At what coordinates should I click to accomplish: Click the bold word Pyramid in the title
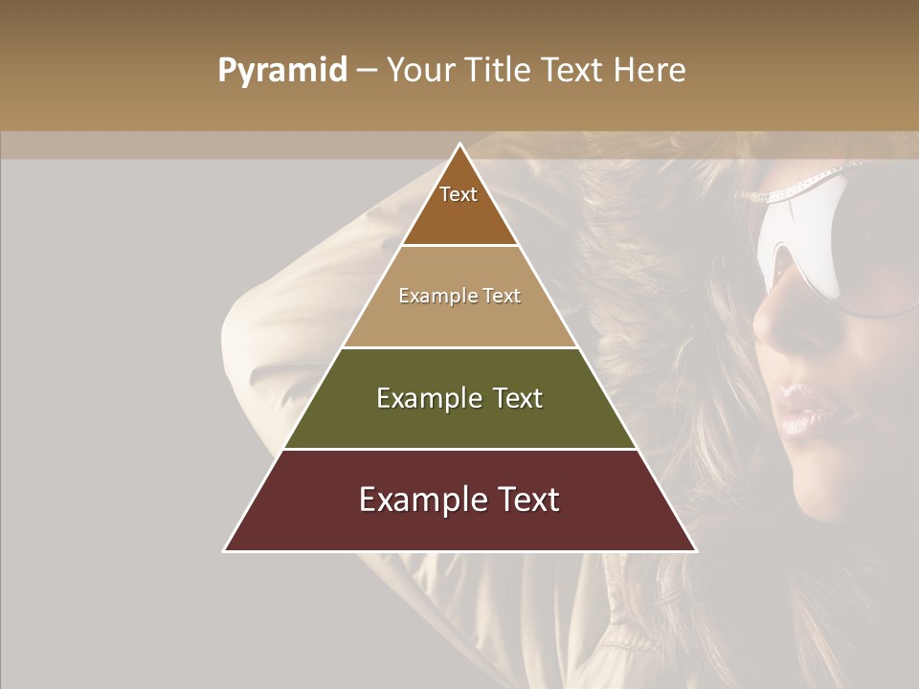(x=281, y=71)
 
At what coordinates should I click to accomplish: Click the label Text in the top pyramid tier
(x=459, y=194)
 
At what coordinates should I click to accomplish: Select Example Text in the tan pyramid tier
(x=459, y=296)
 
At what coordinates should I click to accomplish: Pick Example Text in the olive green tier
(x=459, y=398)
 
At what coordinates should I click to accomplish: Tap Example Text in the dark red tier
(x=459, y=500)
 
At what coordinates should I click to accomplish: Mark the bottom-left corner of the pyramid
(x=225, y=550)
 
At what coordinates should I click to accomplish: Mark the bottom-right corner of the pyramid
(x=696, y=550)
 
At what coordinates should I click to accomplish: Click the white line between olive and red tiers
(x=459, y=449)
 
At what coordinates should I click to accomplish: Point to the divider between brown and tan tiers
(x=459, y=246)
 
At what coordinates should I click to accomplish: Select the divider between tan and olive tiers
(x=459, y=347)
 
